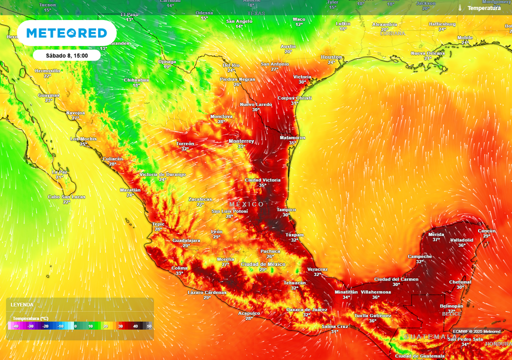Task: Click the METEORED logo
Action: click(x=66, y=33)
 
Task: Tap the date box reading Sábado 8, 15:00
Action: click(x=67, y=55)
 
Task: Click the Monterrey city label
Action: click(x=241, y=141)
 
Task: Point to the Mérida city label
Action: click(x=436, y=234)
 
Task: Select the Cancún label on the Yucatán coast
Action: click(x=486, y=230)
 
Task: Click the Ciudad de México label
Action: click(x=263, y=264)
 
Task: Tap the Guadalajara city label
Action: click(x=186, y=240)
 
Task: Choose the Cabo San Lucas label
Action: click(x=66, y=197)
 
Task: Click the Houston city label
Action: click(x=331, y=57)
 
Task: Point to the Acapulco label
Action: click(x=248, y=313)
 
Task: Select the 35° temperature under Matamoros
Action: click(x=292, y=143)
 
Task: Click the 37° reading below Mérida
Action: click(x=436, y=239)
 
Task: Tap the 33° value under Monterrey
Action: click(x=241, y=146)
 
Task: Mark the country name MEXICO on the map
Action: click(x=246, y=204)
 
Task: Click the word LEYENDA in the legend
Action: click(x=22, y=304)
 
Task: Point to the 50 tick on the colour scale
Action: click(x=149, y=326)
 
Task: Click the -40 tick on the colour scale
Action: click(x=15, y=326)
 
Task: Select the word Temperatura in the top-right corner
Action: click(x=483, y=8)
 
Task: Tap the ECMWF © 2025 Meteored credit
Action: click(x=476, y=331)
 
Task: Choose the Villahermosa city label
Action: click(x=375, y=292)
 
